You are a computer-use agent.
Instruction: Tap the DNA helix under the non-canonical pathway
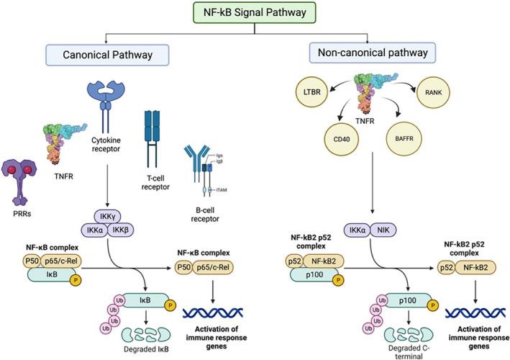tap(470, 311)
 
